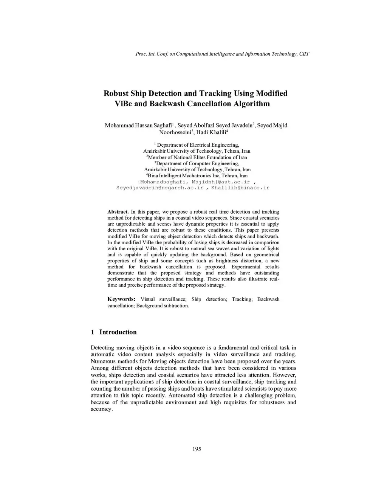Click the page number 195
197,449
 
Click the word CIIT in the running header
304,54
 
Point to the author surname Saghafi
163,125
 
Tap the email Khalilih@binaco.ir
240,188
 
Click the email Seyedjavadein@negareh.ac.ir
159,188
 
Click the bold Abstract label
118,212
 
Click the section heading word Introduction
118,332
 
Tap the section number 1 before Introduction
92,332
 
